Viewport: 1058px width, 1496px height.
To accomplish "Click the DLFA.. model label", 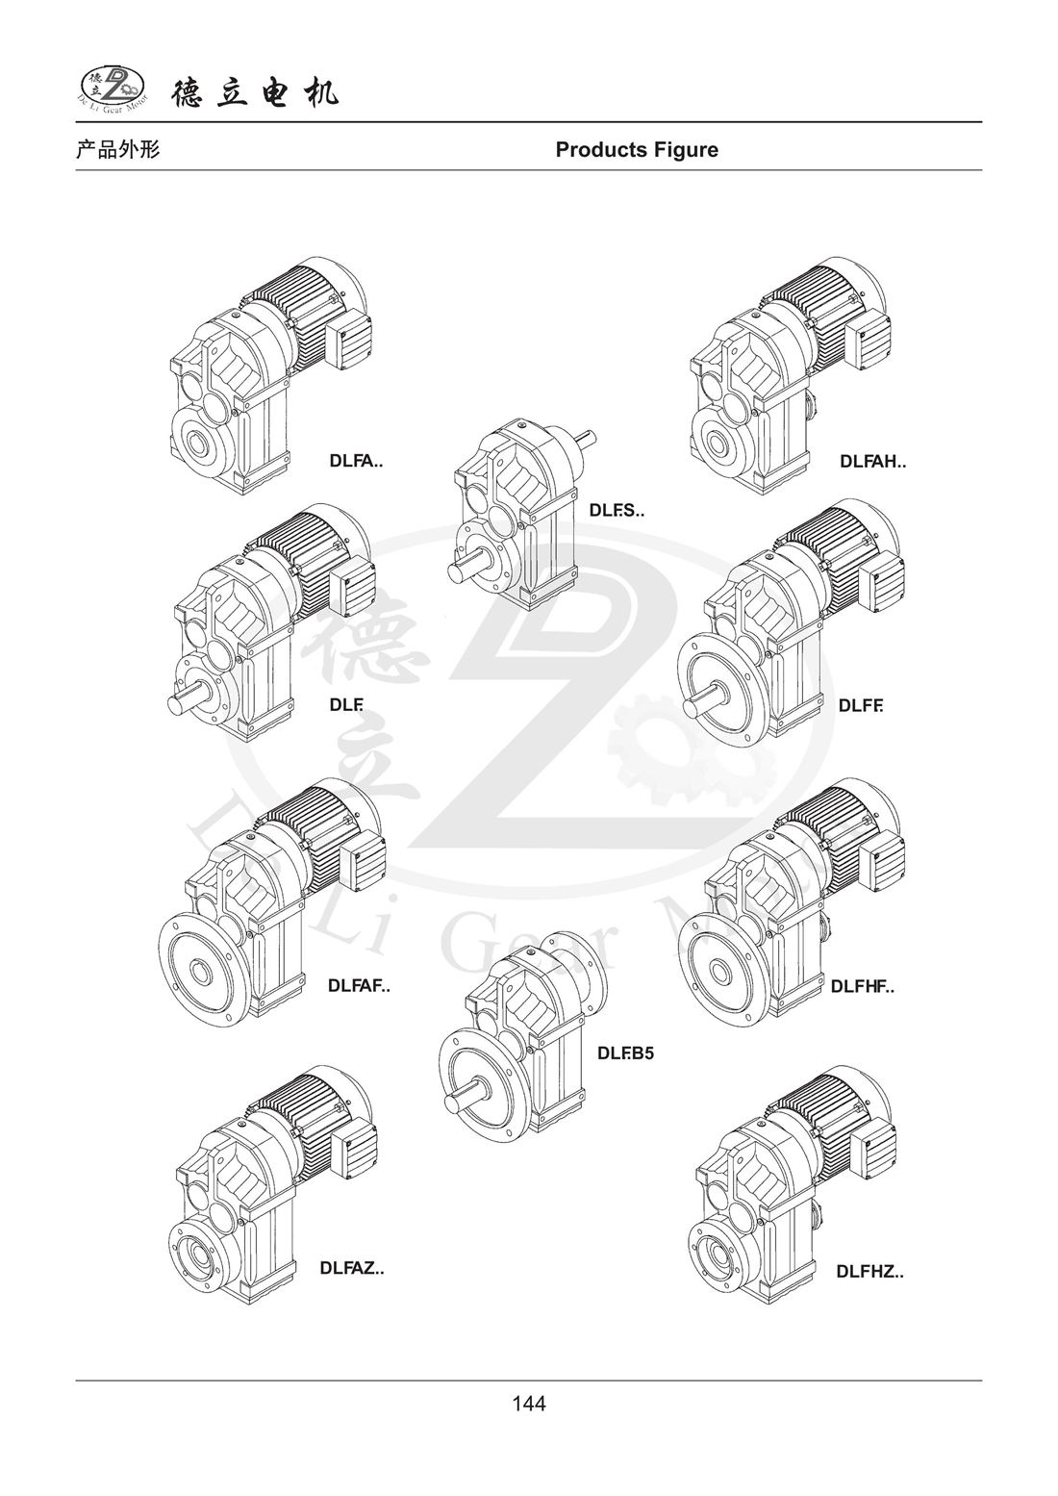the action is [x=357, y=461].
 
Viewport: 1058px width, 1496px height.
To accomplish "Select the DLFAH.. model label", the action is [x=873, y=461].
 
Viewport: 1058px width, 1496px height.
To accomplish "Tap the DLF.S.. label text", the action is [x=617, y=511].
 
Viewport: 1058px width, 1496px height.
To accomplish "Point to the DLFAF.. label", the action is [x=359, y=986].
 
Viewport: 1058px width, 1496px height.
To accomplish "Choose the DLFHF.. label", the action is [x=863, y=987].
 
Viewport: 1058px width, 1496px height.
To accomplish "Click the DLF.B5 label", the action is [x=625, y=1053].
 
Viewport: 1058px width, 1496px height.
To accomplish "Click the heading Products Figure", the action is [x=637, y=150].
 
